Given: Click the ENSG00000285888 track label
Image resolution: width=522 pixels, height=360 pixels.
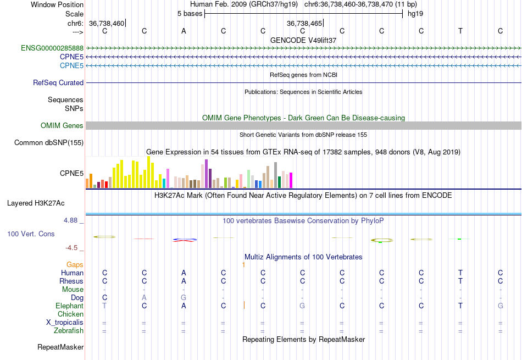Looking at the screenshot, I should pyautogui.click(x=52, y=48).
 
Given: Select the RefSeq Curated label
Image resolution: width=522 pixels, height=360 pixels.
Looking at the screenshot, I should pyautogui.click(x=58, y=83).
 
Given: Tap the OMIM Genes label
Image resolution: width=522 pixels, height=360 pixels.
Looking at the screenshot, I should pyautogui.click(x=62, y=126).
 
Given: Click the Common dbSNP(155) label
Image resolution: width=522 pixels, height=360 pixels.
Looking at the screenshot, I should pyautogui.click(x=49, y=143).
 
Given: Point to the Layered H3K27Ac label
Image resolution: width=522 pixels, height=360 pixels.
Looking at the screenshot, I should pyautogui.click(x=36, y=203).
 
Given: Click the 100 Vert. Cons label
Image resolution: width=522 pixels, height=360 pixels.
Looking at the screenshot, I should pyautogui.click(x=31, y=234).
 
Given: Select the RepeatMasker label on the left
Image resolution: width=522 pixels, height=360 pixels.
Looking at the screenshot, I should pyautogui.click(x=60, y=347).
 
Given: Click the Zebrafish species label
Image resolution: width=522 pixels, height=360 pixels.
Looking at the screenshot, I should pyautogui.click(x=69, y=331).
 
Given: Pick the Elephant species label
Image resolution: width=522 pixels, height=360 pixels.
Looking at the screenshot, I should pyautogui.click(x=69, y=306).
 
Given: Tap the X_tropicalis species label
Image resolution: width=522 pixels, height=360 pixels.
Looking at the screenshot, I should pyautogui.click(x=65, y=323).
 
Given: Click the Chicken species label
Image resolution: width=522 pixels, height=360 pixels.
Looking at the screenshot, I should pyautogui.click(x=70, y=314).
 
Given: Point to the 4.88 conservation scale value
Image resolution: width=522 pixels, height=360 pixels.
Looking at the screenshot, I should pyautogui.click(x=72, y=221).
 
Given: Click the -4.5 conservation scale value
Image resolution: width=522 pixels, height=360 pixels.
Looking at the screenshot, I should pyautogui.click(x=74, y=248).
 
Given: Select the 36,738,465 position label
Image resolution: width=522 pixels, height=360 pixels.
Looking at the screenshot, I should pyautogui.click(x=304, y=24).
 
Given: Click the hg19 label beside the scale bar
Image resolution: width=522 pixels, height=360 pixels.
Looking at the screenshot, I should pyautogui.click(x=415, y=14).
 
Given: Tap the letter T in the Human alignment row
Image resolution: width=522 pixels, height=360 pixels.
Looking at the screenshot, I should pyautogui.click(x=460, y=273).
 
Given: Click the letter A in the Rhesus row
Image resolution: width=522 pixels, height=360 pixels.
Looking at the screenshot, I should pyautogui.click(x=184, y=281).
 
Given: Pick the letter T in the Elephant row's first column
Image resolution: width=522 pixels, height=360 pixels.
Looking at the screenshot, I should pyautogui.click(x=104, y=306).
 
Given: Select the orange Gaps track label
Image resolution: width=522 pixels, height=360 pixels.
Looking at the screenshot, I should pyautogui.click(x=75, y=265).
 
